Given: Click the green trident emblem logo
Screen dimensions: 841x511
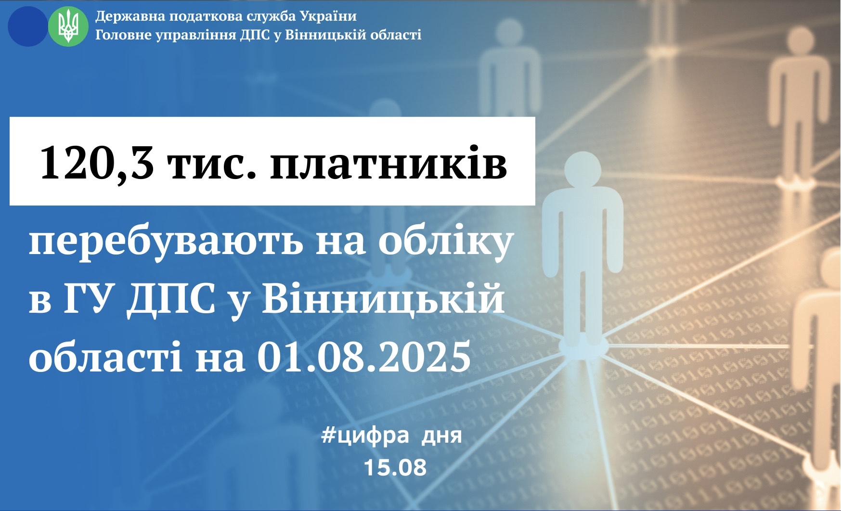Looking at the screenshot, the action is point(68,26).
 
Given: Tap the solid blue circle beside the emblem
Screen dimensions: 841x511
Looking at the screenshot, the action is point(28,26).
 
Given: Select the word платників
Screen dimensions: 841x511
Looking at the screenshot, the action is point(388,162).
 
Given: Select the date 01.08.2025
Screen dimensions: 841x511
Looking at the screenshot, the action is point(364,357).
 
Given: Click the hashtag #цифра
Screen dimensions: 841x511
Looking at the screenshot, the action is point(365,436).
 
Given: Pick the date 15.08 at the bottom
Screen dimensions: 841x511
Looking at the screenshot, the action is point(395,467).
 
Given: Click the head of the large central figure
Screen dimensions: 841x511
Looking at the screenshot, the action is point(582,170).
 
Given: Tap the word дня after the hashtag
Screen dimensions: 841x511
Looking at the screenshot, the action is point(441,436).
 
